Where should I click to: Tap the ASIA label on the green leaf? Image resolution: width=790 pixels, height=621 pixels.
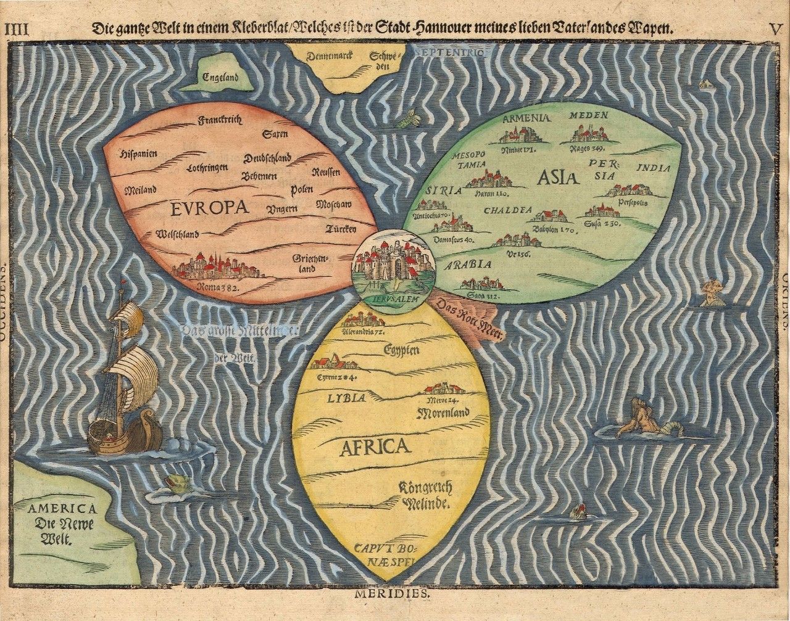tap(557, 178)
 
